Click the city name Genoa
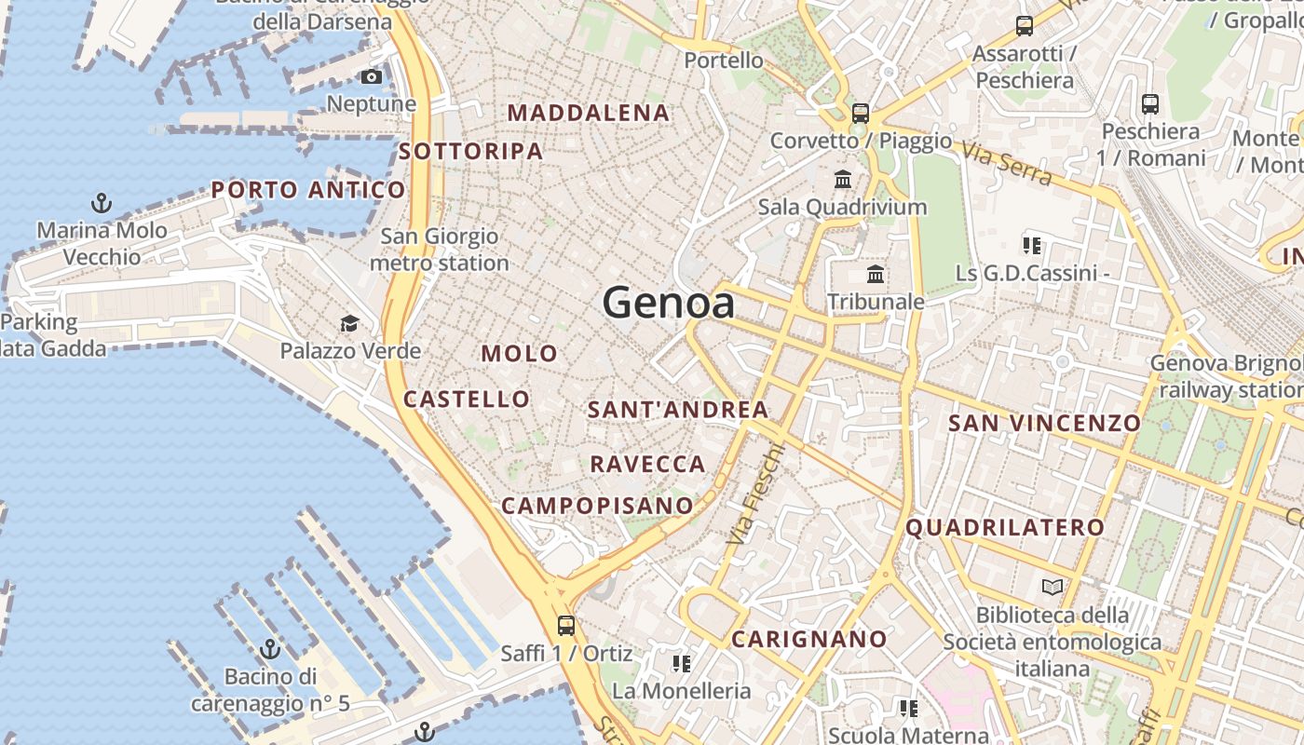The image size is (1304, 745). click(x=668, y=304)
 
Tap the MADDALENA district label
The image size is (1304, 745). click(x=588, y=113)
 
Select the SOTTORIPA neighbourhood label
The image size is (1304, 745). click(x=470, y=151)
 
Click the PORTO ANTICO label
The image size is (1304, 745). click(x=308, y=190)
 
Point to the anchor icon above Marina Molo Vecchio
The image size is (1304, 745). click(x=101, y=202)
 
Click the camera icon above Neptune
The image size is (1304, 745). click(x=371, y=76)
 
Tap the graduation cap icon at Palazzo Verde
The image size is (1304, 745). click(x=349, y=323)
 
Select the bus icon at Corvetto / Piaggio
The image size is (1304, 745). click(x=861, y=114)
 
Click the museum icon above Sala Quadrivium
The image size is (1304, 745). click(x=843, y=179)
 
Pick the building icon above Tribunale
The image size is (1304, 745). click(x=876, y=274)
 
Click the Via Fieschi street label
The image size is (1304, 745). click(x=756, y=494)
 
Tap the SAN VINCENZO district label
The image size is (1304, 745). click(x=1043, y=423)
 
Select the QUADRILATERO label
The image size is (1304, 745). click(x=1005, y=527)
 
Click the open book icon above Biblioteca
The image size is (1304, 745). click(x=1053, y=587)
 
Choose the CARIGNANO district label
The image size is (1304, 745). click(x=808, y=639)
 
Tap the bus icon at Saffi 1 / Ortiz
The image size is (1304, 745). click(x=565, y=625)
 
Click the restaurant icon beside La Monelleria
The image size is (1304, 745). click(x=681, y=663)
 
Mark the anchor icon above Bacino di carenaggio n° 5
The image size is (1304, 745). click(x=270, y=649)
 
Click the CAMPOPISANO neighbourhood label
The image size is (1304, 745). click(x=597, y=506)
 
